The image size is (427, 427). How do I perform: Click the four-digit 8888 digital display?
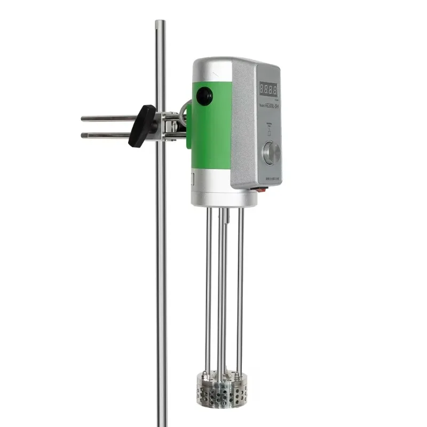point(268,88)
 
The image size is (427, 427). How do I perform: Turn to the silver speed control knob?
point(271,153)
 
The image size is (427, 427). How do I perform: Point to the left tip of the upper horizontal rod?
point(83,118)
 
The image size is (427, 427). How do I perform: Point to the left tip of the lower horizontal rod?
point(83,136)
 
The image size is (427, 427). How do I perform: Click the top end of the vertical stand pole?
point(160,22)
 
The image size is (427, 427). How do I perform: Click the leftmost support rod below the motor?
point(208,288)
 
